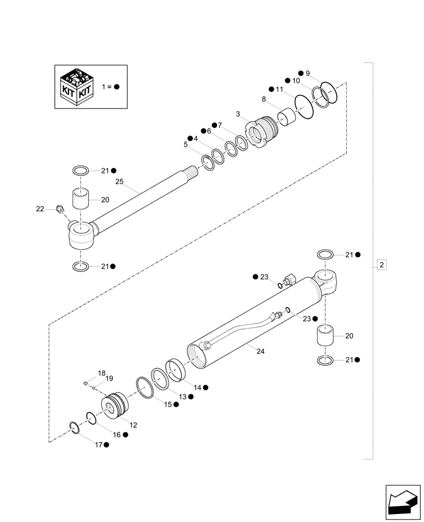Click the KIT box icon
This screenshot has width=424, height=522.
click(x=77, y=87)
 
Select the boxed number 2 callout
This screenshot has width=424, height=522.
click(x=382, y=265)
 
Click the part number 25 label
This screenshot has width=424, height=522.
click(x=120, y=182)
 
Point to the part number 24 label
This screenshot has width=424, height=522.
click(x=261, y=351)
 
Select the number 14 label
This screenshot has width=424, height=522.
click(x=197, y=387)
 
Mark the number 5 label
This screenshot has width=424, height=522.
click(x=185, y=144)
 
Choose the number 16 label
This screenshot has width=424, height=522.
click(x=116, y=434)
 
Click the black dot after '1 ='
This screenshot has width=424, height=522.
click(x=116, y=87)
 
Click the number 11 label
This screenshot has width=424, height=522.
click(x=279, y=89)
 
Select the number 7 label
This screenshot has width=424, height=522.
click(x=219, y=125)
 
